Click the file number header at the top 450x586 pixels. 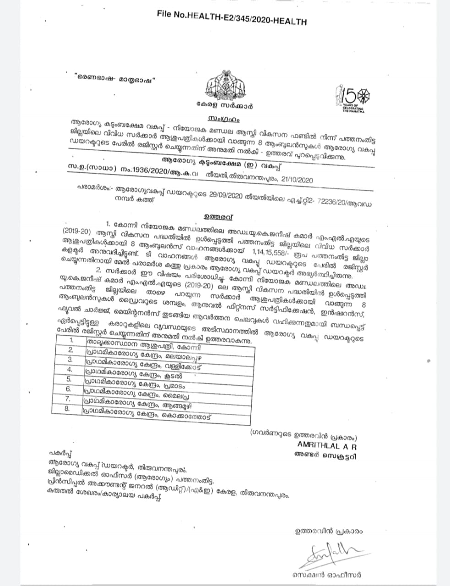click(x=232, y=17)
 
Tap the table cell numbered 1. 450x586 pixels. click(x=71, y=340)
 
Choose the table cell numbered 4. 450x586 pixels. click(x=70, y=369)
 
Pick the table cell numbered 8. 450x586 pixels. click(x=67, y=409)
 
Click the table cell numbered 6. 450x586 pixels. click(x=68, y=389)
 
